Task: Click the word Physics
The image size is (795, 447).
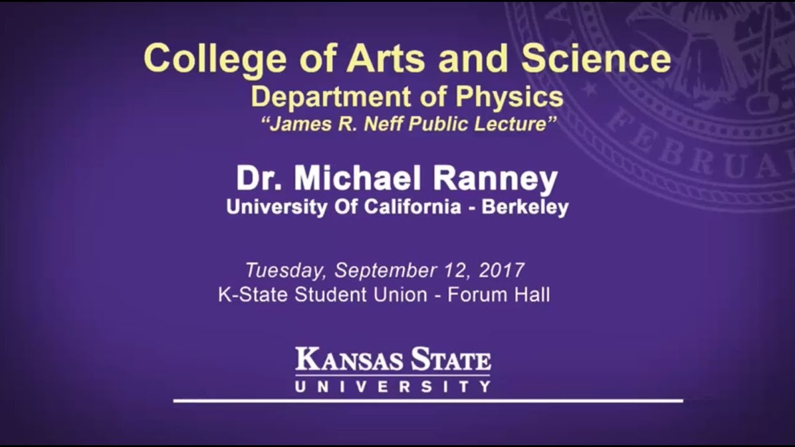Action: click(x=509, y=97)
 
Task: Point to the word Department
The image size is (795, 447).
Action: click(x=330, y=97)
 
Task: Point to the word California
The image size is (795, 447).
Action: click(x=412, y=207)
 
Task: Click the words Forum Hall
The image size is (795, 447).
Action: click(x=499, y=294)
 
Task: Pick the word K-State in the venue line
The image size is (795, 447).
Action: click(x=253, y=294)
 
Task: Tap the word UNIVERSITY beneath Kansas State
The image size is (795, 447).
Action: click(x=393, y=387)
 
